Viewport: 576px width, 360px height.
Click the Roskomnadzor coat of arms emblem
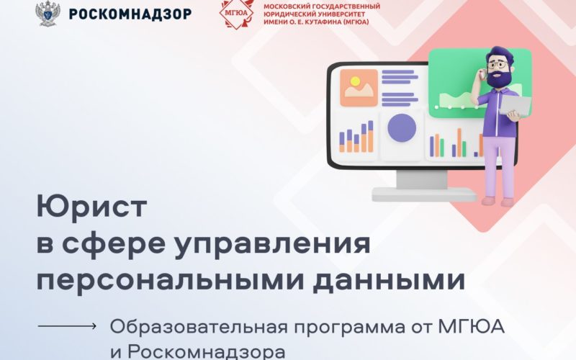coord(48,14)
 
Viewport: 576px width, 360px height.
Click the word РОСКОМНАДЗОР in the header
coord(130,14)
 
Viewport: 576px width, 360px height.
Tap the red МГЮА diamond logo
coord(236,14)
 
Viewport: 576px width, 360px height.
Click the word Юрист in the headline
coord(92,207)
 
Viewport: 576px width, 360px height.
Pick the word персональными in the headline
coord(171,280)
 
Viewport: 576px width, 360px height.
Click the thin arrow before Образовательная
coord(67,325)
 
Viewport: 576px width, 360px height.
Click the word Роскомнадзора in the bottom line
coord(207,351)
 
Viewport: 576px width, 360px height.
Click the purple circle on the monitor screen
coord(402,128)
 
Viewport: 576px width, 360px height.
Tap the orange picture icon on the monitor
coord(359,88)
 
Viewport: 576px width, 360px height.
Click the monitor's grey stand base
coord(424,194)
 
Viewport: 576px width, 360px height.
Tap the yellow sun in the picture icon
coord(355,81)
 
